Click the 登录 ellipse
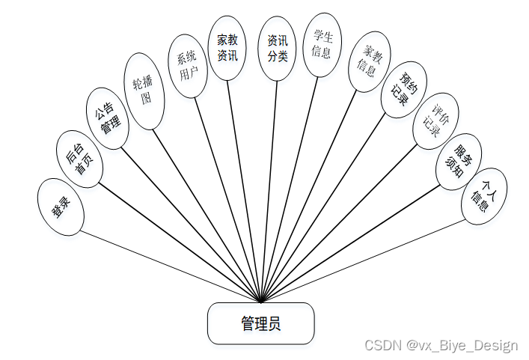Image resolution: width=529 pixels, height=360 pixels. tap(61, 207)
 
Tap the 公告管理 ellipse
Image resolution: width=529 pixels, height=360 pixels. tap(107, 118)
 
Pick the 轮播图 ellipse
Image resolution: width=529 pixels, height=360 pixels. tap(144, 91)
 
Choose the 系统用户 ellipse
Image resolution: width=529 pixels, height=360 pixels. tap(188, 65)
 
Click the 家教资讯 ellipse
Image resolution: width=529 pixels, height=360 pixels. tap(227, 47)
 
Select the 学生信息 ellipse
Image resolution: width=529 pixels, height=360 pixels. tap(322, 43)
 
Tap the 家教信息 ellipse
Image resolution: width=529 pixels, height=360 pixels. tap(367, 61)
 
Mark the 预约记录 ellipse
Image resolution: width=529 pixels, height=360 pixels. tap(403, 89)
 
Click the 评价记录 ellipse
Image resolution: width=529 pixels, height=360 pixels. tap(435, 121)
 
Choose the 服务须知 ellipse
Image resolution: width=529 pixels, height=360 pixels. tap(459, 160)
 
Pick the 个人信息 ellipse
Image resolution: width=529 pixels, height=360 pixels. tap(484, 196)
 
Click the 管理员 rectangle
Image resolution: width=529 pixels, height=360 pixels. tap(260, 323)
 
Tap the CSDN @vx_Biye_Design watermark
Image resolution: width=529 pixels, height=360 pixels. tap(441, 345)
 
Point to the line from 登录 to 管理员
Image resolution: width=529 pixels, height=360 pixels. tap(165, 264)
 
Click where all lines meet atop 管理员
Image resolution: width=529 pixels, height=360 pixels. tap(260, 302)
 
